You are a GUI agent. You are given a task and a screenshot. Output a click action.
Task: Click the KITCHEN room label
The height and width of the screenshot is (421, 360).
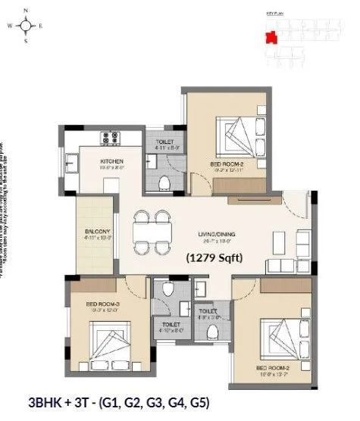pos(111,162)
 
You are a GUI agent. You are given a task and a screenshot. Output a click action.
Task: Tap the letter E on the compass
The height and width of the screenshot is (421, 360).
pos(41,25)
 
